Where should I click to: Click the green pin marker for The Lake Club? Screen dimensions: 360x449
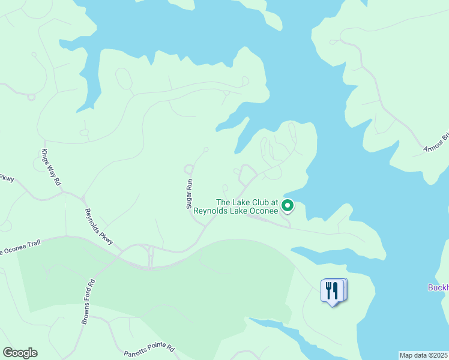pyautogui.click(x=288, y=206)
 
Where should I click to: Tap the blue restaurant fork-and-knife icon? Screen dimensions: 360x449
pyautogui.click(x=332, y=291)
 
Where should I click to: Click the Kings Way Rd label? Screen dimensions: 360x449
pyautogui.click(x=52, y=167)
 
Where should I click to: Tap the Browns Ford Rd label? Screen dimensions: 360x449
pyautogui.click(x=88, y=302)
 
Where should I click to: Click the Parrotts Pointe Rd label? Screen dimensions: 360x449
pyautogui.click(x=149, y=348)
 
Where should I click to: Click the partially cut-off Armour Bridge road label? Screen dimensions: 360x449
pyautogui.click(x=436, y=142)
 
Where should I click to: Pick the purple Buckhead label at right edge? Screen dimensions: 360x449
pyautogui.click(x=438, y=287)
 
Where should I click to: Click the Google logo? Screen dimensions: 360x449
pyautogui.click(x=20, y=353)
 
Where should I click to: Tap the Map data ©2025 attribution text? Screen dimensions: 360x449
pyautogui.click(x=424, y=355)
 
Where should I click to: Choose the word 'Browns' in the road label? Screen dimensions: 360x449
pyautogui.click(x=85, y=314)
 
